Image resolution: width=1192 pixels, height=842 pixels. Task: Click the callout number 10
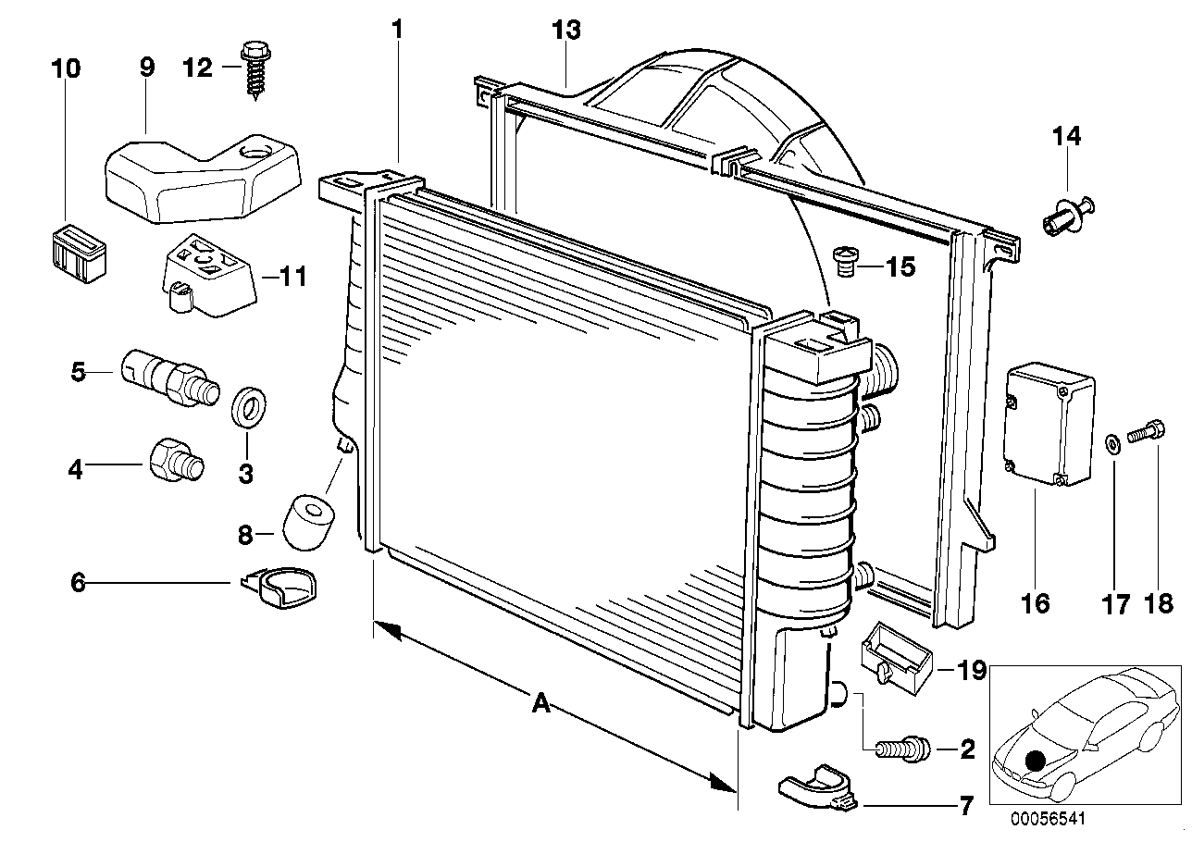click(x=67, y=68)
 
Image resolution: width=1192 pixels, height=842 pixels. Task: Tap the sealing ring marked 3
click(x=246, y=408)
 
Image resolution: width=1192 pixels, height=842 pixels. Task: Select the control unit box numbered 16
click(x=1049, y=424)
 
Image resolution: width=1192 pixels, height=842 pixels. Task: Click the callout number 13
click(x=566, y=31)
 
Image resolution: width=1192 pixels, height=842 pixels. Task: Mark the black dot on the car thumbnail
click(x=1036, y=761)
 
